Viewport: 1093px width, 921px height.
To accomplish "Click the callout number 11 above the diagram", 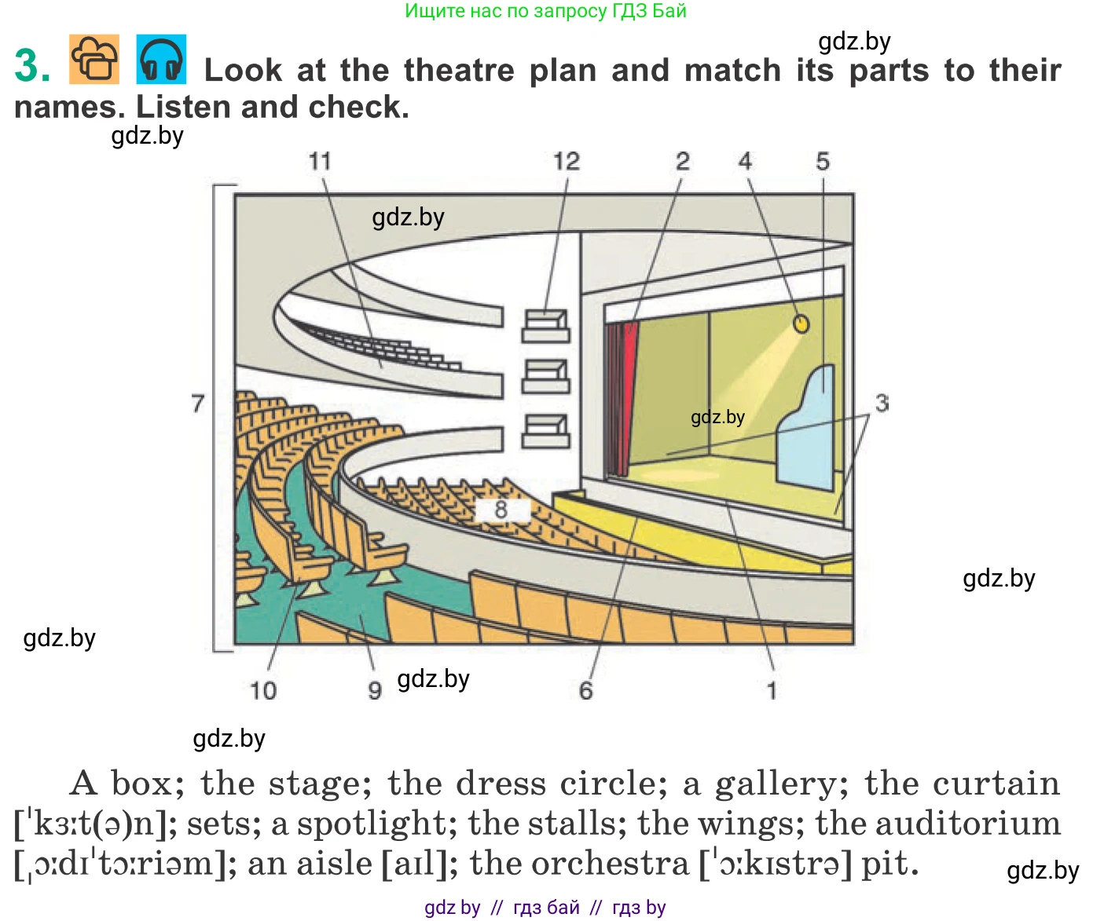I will (x=319, y=162).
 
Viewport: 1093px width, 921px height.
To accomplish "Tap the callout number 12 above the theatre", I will (x=566, y=162).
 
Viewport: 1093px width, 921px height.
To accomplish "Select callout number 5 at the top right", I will (x=822, y=162).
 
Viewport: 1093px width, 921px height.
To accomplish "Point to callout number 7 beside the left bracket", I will (x=198, y=404).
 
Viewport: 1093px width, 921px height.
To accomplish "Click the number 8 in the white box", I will (x=501, y=510).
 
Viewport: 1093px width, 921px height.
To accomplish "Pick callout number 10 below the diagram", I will (x=263, y=691).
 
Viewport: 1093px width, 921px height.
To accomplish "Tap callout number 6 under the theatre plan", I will (x=585, y=691).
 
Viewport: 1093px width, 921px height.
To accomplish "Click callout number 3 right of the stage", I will (x=882, y=404).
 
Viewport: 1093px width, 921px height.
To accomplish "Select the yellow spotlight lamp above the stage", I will (x=801, y=323).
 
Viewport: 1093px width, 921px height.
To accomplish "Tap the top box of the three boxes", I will (x=545, y=326).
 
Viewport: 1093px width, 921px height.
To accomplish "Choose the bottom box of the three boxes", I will (x=545, y=430).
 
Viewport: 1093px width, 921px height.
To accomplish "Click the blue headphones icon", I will (x=162, y=60).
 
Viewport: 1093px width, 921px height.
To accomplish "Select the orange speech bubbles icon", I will (x=94, y=60).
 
